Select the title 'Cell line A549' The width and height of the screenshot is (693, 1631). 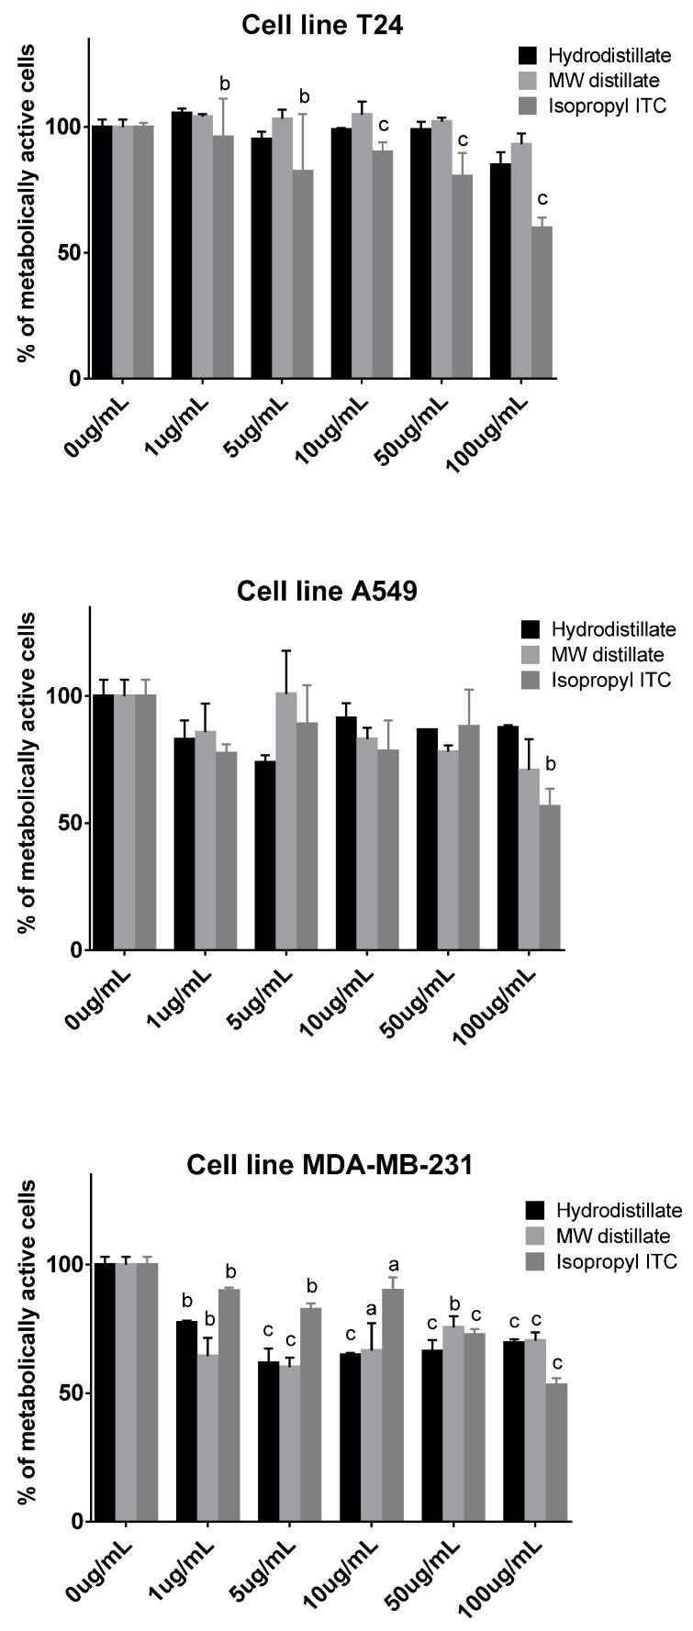coord(327,591)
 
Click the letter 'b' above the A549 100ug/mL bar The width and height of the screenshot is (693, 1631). coord(551,764)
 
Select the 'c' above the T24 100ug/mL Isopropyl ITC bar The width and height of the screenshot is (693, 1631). coord(542,198)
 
